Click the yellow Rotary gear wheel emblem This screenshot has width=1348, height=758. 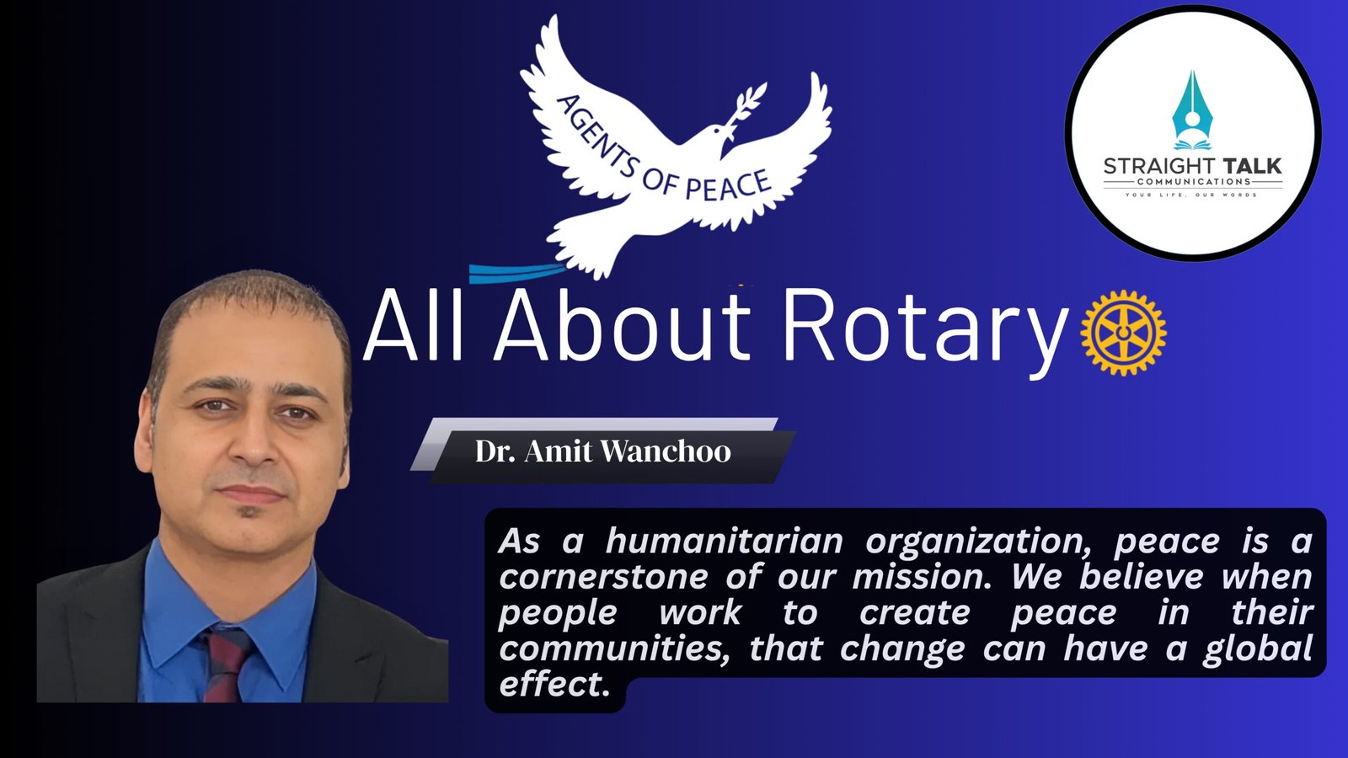(x=1123, y=333)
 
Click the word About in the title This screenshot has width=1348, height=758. (x=623, y=325)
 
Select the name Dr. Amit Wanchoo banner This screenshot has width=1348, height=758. (x=603, y=451)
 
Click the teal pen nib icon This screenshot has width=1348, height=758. (x=1192, y=109)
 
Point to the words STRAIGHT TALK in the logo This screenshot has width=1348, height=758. (x=1193, y=166)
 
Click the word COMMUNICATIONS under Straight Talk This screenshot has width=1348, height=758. (x=1194, y=182)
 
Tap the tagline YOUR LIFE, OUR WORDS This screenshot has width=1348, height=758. (x=1192, y=195)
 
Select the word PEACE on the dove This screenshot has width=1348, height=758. (x=728, y=186)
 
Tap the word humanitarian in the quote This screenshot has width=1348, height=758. (x=724, y=541)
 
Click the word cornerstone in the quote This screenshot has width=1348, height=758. (x=603, y=577)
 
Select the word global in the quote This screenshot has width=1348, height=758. (x=1257, y=649)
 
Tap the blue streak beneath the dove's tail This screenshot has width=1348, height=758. (x=517, y=273)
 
